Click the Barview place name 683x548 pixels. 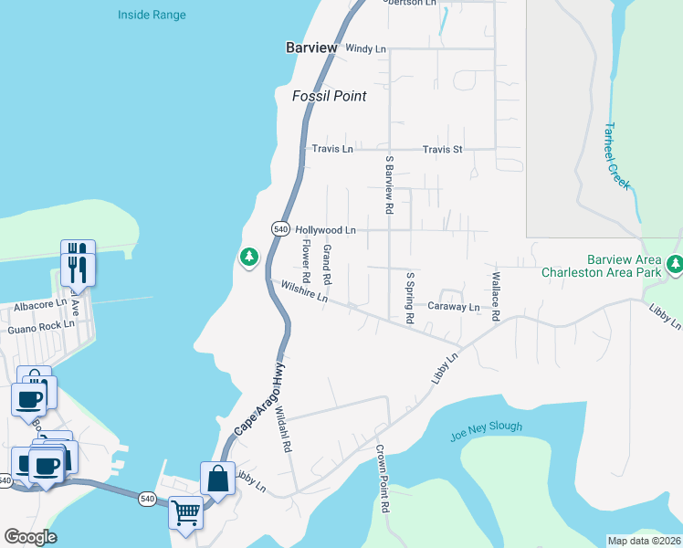[311, 47]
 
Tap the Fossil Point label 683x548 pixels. [329, 96]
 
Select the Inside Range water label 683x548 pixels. [152, 16]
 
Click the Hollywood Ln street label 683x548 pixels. [325, 231]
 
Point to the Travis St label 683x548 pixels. [443, 149]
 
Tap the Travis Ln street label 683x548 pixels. [332, 149]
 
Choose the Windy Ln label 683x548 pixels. [367, 47]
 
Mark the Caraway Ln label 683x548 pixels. [454, 308]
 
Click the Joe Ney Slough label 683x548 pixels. [487, 431]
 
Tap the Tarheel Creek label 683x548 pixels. [617, 156]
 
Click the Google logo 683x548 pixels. [30, 537]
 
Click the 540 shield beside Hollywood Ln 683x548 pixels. [280, 228]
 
